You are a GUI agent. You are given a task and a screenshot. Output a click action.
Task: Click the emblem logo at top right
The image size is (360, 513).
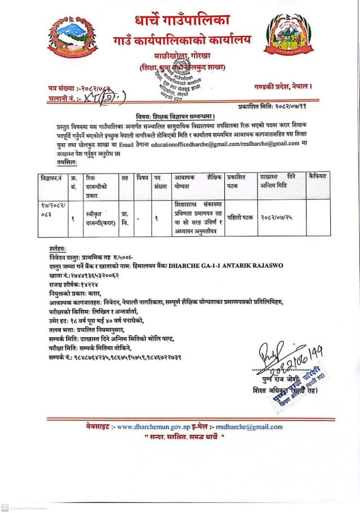click(290, 38)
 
